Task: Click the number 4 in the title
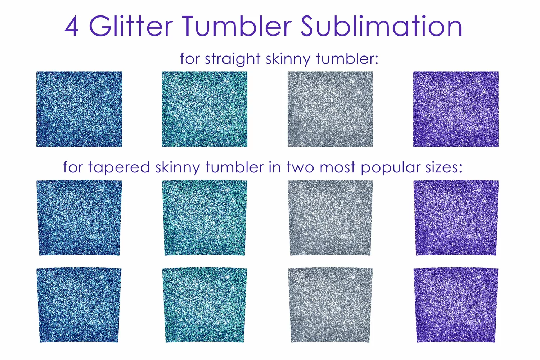click(71, 26)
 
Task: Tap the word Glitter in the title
click(131, 26)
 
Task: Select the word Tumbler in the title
click(237, 26)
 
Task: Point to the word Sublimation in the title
click(381, 26)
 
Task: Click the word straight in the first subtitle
click(233, 59)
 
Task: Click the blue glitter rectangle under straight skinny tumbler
click(79, 109)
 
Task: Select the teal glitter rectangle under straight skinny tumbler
click(205, 109)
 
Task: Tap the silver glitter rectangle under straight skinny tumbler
click(330, 109)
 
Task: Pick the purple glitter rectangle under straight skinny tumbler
click(456, 109)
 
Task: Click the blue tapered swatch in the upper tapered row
click(79, 218)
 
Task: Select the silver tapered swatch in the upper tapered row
click(330, 218)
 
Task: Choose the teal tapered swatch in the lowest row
click(205, 305)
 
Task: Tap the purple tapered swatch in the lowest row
click(456, 305)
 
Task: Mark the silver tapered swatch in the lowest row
click(330, 305)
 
